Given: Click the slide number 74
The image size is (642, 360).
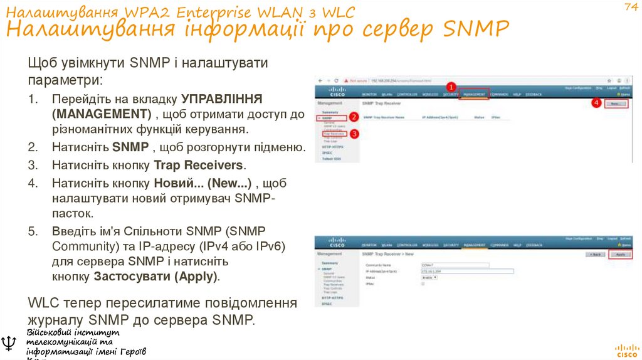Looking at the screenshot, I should pyautogui.click(x=630, y=7).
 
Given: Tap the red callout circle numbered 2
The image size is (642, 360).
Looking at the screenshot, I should pyautogui.click(x=354, y=117).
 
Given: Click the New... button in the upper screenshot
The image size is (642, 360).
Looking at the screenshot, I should pyautogui.click(x=616, y=104).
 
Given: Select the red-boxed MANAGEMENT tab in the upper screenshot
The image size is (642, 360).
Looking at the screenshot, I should pyautogui.click(x=475, y=94).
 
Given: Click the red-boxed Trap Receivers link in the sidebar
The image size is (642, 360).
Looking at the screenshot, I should pyautogui.click(x=334, y=133).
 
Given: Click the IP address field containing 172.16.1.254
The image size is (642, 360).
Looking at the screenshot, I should pyautogui.click(x=466, y=271).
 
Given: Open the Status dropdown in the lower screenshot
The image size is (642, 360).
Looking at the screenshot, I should pyautogui.click(x=429, y=277).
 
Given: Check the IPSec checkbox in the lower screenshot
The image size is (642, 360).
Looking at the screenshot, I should pyautogui.click(x=423, y=283).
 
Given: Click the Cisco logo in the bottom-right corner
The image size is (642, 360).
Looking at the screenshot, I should pyautogui.click(x=626, y=349).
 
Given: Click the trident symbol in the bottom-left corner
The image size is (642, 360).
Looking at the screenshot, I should pyautogui.click(x=9, y=343).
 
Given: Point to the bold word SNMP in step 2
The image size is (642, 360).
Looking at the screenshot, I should pyautogui.click(x=130, y=147).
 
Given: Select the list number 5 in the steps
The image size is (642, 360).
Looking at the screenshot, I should pyautogui.click(x=33, y=231).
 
